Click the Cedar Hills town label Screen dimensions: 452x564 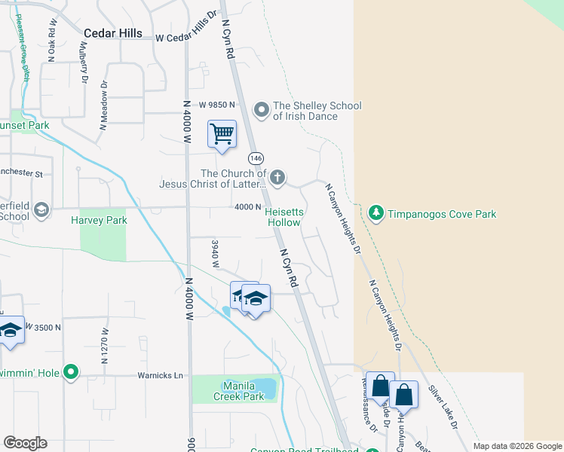click(114, 33)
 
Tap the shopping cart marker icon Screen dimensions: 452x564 click(222, 135)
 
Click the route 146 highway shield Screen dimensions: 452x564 click(256, 158)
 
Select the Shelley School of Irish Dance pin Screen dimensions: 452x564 click(262, 111)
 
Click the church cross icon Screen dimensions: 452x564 click(277, 178)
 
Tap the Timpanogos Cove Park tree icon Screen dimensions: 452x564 click(376, 214)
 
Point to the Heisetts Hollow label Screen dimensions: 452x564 click(284, 217)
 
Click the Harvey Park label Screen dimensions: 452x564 click(99, 220)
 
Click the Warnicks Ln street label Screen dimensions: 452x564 click(160, 375)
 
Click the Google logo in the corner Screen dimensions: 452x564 click(25, 443)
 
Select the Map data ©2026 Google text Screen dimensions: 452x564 click(516, 446)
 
